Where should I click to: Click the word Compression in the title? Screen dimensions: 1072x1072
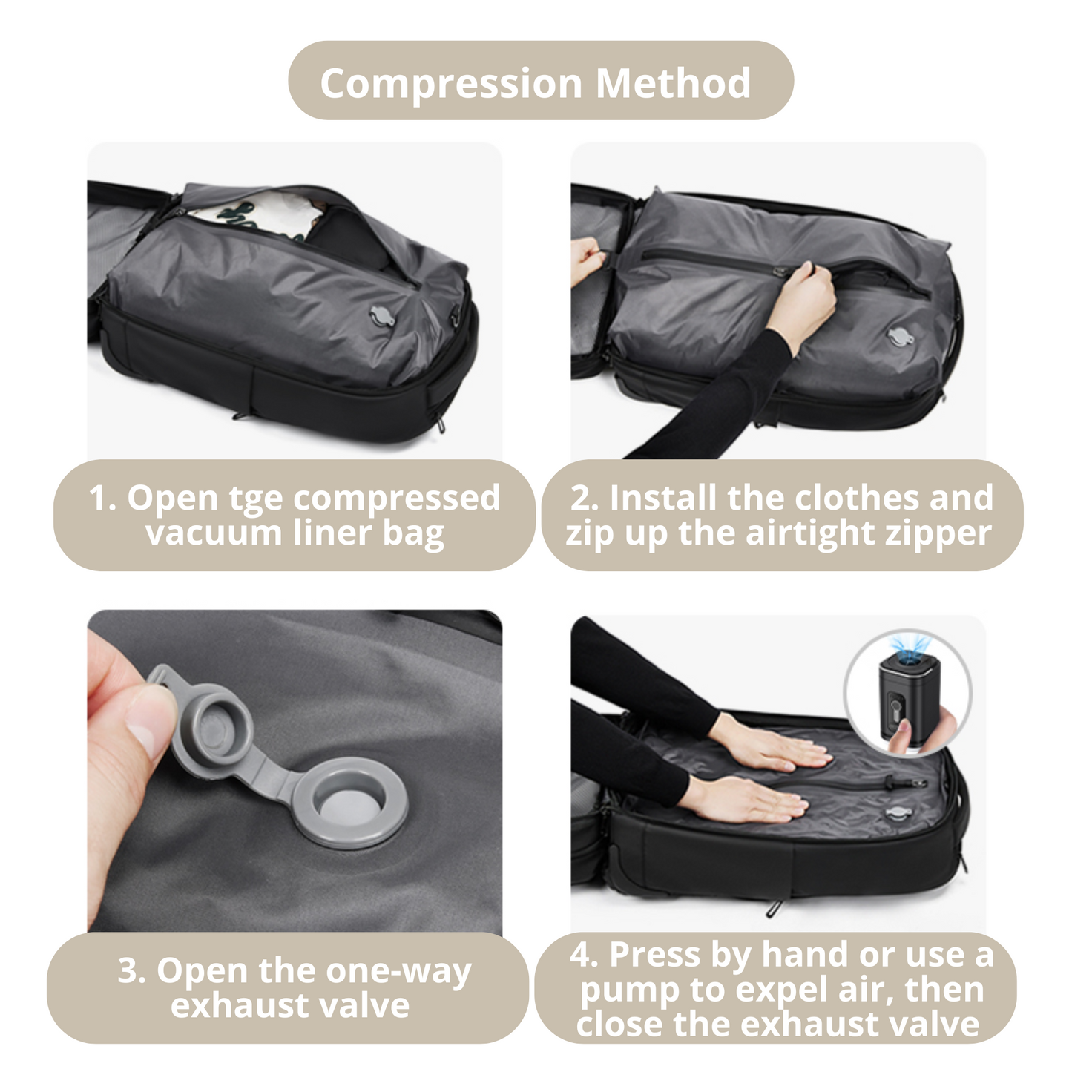pos(451,83)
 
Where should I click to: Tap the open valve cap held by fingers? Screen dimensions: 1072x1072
pos(211,717)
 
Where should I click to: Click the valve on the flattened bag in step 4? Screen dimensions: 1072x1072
pos(896,814)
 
